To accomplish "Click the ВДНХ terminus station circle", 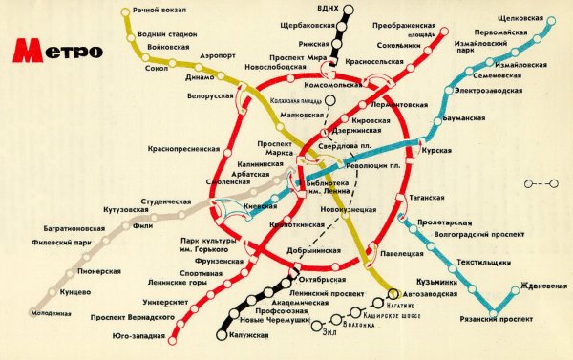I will (x=348, y=11).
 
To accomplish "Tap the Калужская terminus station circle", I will (x=221, y=335).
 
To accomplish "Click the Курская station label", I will (x=440, y=150).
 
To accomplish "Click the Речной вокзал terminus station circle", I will (x=125, y=11).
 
